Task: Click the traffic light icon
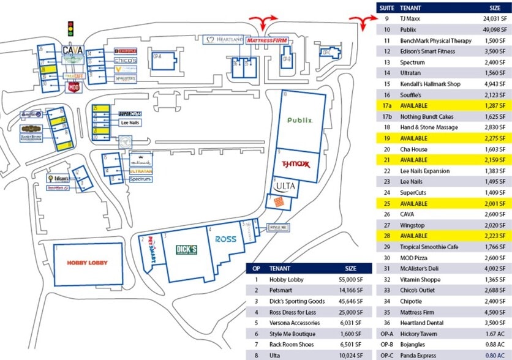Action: coord(70,28)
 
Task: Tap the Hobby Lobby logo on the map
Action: coord(87,263)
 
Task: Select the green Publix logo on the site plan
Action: coord(300,121)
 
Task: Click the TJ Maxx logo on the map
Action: coord(292,164)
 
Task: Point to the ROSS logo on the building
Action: coord(226,239)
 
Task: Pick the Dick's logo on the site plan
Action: coord(186,250)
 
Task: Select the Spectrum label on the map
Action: coord(140,179)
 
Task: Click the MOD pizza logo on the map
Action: coord(73,86)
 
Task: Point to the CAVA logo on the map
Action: coord(73,50)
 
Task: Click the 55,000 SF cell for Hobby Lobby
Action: coord(351,279)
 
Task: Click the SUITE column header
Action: coord(386,7)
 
